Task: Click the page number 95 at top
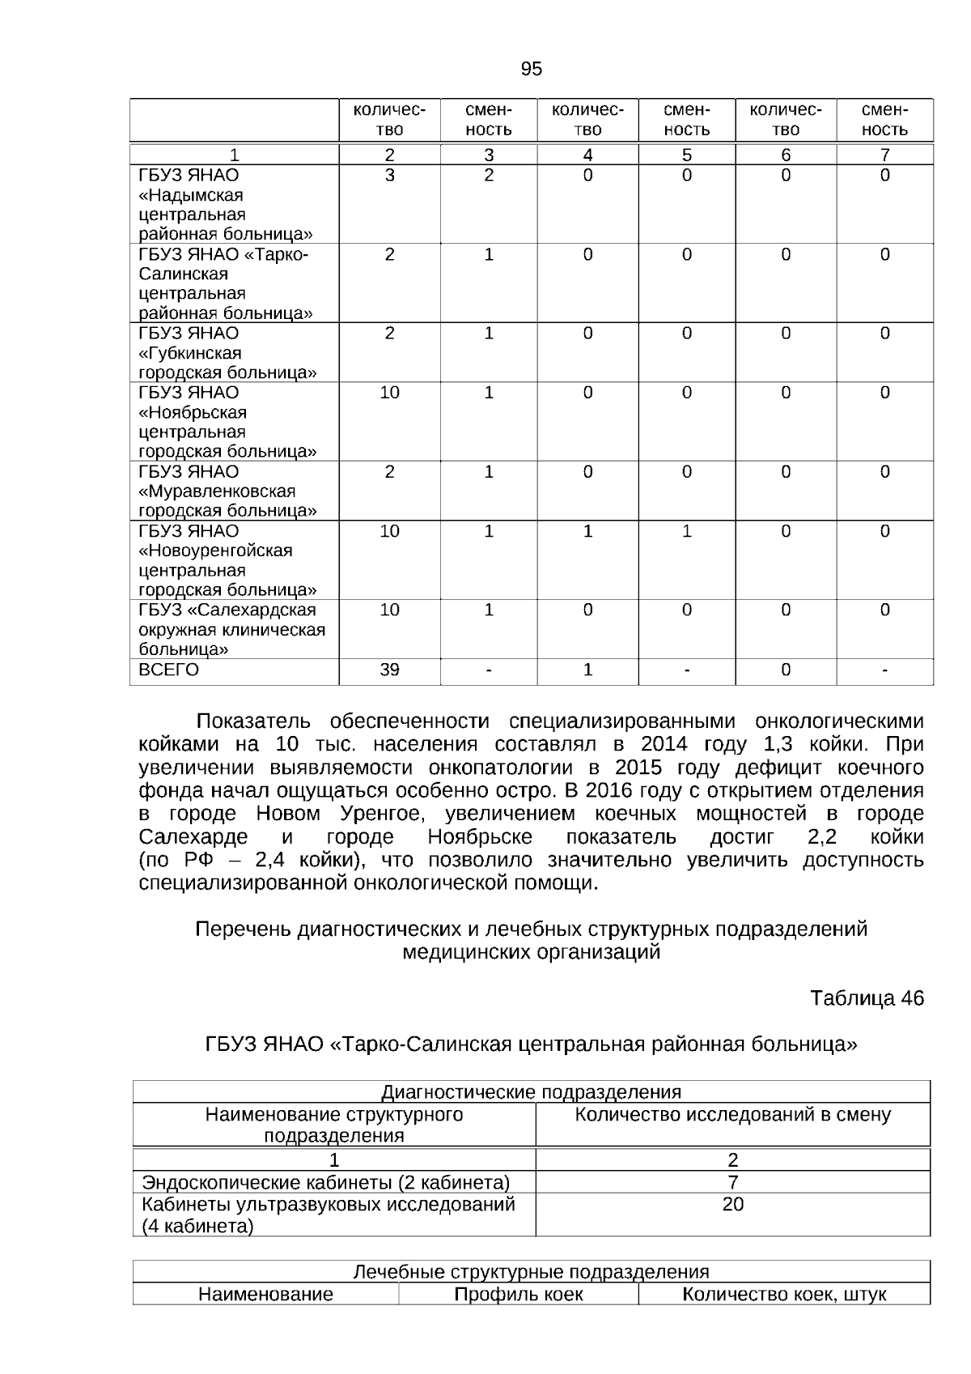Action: tap(531, 69)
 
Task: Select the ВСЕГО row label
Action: tap(168, 670)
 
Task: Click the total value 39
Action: tap(389, 670)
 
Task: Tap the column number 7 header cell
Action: tap(884, 155)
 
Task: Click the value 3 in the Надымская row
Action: tap(389, 175)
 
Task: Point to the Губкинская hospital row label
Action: tap(227, 353)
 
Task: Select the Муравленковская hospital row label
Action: tap(227, 491)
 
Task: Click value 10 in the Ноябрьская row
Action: tap(389, 393)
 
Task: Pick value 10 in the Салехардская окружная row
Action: tap(389, 610)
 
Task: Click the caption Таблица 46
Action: tap(867, 998)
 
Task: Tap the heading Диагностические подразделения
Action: tap(531, 1092)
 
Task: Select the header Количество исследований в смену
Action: tap(732, 1115)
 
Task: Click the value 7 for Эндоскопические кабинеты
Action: tap(732, 1182)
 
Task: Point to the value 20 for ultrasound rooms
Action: tap(732, 1205)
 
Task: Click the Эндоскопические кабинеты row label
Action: tap(326, 1182)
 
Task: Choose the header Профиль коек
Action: tap(518, 1295)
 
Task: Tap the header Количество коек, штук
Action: tap(784, 1295)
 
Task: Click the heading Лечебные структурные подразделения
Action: tap(531, 1272)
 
